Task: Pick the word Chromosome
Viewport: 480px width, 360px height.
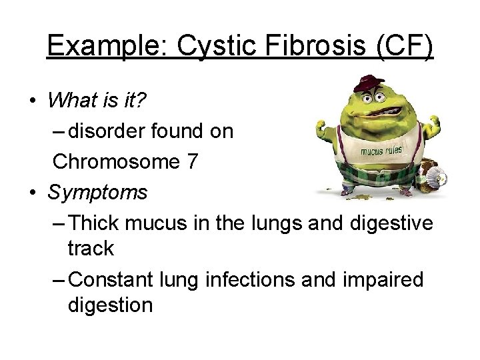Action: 109,162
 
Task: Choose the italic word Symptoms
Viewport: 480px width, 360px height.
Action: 97,192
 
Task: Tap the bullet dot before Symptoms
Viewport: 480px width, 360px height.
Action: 33,193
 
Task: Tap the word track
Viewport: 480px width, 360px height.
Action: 91,249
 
